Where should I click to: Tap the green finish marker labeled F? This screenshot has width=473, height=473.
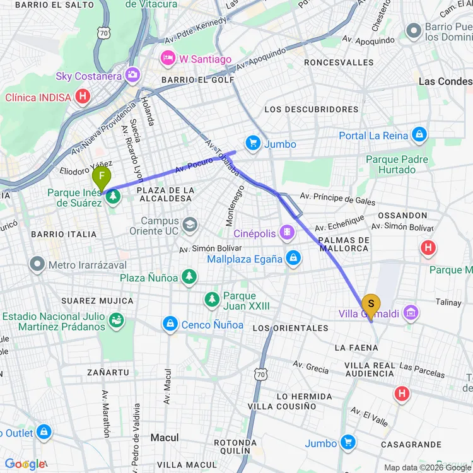[102, 177]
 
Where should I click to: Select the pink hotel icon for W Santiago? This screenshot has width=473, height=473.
[168, 59]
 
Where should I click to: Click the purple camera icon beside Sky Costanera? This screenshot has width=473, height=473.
[132, 76]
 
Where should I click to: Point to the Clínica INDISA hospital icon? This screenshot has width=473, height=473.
[82, 97]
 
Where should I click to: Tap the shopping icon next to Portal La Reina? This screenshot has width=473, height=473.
[419, 135]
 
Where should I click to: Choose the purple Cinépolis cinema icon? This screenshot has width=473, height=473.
[288, 233]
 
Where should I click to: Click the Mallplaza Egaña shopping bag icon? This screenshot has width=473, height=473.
[293, 258]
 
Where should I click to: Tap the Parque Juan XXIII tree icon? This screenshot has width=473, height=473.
[213, 299]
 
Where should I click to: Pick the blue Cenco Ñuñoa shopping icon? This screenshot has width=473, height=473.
[170, 324]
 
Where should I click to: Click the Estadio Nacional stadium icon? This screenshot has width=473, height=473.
[116, 320]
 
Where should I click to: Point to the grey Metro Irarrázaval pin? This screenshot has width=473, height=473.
[38, 264]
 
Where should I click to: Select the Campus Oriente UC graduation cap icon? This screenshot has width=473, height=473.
[190, 225]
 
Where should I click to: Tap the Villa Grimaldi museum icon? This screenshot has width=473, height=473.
[411, 313]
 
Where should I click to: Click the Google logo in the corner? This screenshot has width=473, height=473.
[25, 465]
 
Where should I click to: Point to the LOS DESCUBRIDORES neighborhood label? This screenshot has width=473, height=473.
[312, 109]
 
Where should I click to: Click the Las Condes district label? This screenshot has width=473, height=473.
[445, 81]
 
